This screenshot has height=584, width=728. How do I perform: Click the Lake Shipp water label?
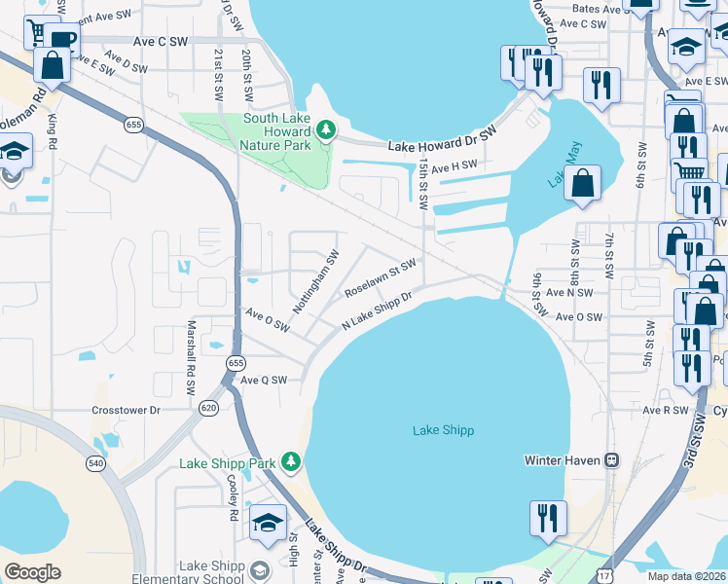443,430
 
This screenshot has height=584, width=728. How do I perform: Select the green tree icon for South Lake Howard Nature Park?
328,128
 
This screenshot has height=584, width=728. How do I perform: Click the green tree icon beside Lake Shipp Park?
289,460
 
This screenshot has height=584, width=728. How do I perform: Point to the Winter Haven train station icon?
612,460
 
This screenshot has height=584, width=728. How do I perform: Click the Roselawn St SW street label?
381,277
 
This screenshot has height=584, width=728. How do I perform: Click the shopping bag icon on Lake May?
582,184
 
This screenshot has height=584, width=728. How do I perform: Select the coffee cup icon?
60,40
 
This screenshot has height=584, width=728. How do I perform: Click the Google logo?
32,572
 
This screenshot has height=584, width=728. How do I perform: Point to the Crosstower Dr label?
126,411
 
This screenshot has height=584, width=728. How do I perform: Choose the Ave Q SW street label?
265,381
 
